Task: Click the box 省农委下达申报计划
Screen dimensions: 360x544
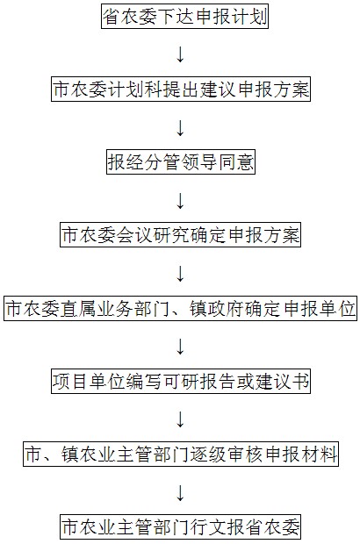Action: (184, 17)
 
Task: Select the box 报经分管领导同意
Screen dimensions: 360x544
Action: (181, 161)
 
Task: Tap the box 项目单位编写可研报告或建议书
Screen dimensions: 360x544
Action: (181, 381)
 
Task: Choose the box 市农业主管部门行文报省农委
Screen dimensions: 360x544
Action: (181, 526)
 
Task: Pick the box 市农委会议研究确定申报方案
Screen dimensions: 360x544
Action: (180, 234)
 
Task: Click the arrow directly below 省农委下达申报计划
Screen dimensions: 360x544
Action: (180, 54)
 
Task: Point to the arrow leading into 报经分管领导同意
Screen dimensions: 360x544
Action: (180, 127)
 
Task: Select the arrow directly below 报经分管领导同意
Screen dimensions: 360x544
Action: (180, 200)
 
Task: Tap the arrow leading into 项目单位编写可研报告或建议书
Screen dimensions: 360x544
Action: (180, 346)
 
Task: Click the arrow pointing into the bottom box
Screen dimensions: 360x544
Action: (180, 492)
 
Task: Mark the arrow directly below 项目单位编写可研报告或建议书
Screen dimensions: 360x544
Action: (180, 419)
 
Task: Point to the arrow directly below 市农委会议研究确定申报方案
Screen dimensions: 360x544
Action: (180, 273)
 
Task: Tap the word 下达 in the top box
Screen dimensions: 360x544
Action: (176, 17)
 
